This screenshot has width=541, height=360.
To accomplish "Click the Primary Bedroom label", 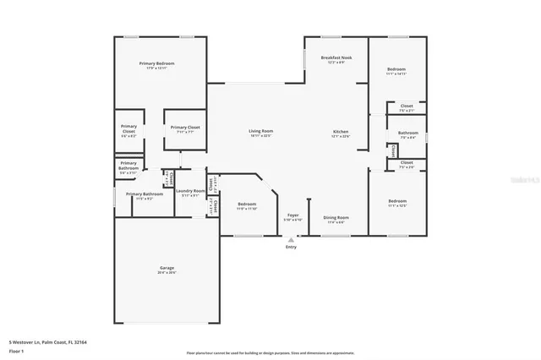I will pos(160,63).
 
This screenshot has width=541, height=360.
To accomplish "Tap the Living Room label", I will pos(260,131).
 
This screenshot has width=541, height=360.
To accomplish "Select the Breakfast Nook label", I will pos(336,58).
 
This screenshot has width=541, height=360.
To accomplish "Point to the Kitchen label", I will pos(341,132).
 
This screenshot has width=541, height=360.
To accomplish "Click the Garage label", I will pos(167,268).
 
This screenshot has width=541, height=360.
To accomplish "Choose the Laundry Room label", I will pos(190,191).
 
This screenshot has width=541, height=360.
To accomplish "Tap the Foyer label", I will pos(292,215).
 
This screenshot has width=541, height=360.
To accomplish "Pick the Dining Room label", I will pos(336,217).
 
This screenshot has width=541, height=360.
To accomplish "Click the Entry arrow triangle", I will pos(292,240).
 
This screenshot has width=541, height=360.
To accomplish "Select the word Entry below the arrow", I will pos(292,248).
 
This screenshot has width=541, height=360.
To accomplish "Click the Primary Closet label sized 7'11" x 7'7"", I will pos(184,128).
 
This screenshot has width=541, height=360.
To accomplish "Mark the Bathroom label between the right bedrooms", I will pos(408,132).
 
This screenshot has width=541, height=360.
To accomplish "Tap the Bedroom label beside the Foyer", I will pos(247,204).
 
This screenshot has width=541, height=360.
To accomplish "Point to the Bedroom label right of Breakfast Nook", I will pos(396,69).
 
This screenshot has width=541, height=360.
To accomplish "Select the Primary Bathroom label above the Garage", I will pos(145,194).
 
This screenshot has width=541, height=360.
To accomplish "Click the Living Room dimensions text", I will pos(260,136).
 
